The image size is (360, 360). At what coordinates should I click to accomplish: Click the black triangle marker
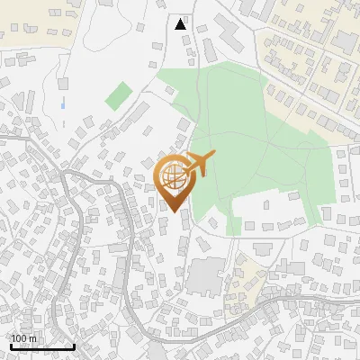(x=181, y=24)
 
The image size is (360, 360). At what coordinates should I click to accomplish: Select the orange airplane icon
(x=200, y=165)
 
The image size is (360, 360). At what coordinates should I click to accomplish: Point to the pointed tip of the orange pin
(x=173, y=211)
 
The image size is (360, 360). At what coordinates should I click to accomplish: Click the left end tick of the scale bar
(x=10, y=346)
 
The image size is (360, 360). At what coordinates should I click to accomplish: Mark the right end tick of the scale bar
(x=74, y=346)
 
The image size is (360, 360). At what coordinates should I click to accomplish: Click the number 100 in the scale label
(x=19, y=338)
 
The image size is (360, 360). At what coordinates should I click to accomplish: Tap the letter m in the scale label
(x=32, y=338)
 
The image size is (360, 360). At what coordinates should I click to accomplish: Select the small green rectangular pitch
(x=117, y=95)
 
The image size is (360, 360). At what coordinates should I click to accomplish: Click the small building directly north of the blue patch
(x=63, y=84)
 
